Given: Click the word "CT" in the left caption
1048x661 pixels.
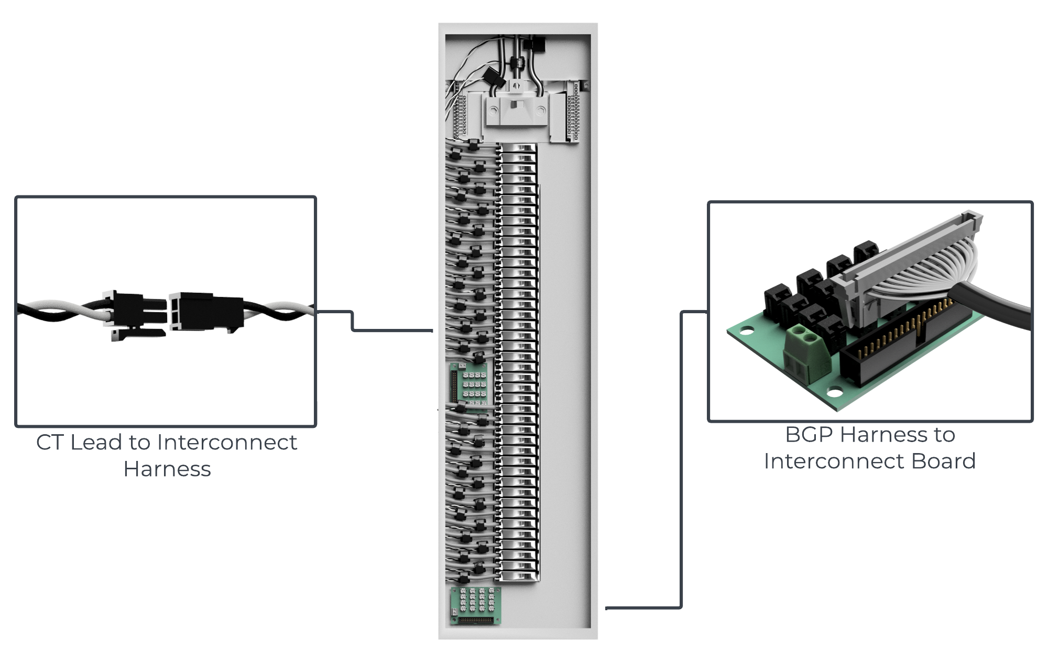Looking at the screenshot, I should pos(50,443).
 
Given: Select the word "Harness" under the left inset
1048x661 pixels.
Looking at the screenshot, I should pos(167,469).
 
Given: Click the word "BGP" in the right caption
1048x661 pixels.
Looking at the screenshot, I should pos(809,435).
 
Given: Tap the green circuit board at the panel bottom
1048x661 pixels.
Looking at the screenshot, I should pos(475,606).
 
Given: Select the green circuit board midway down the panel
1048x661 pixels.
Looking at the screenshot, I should pos(471,384).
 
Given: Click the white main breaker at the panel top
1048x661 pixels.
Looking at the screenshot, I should pos(517,109).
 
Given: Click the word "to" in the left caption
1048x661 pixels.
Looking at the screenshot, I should pos(139,443).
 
